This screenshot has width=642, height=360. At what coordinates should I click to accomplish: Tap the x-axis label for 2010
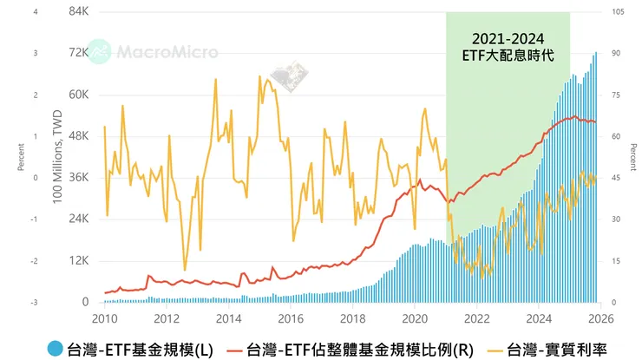(x=104, y=317)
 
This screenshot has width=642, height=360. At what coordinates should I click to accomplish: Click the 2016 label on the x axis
(x=291, y=317)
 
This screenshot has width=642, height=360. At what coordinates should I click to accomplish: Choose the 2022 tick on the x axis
(x=477, y=317)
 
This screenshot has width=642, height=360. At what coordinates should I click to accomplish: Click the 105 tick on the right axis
(x=619, y=11)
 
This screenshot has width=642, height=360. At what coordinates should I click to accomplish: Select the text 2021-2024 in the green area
(x=507, y=39)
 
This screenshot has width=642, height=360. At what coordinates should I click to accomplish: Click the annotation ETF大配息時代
(x=507, y=55)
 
